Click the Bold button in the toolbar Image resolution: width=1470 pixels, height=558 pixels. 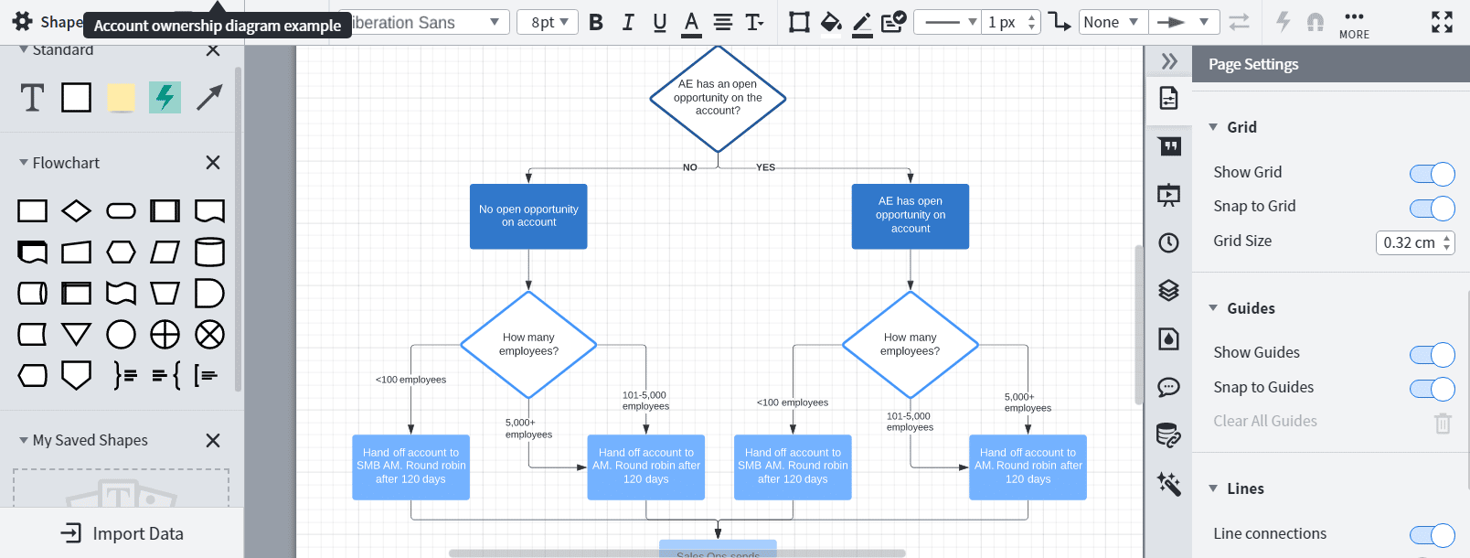click(x=596, y=22)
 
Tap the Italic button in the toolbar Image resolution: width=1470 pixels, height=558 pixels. click(x=628, y=22)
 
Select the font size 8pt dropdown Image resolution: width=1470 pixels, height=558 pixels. click(x=548, y=22)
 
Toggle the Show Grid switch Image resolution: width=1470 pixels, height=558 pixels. click(x=1432, y=174)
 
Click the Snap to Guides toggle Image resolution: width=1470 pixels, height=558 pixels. click(x=1432, y=389)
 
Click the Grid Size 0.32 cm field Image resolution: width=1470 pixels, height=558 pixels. click(x=1409, y=242)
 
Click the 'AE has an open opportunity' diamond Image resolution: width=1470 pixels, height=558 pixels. click(x=718, y=98)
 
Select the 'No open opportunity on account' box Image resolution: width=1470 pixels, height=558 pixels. click(x=528, y=216)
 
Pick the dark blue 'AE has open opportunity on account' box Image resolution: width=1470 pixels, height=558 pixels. click(x=910, y=216)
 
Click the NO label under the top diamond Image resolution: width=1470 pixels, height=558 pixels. click(x=690, y=167)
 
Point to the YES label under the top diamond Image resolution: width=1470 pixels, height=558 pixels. click(x=765, y=167)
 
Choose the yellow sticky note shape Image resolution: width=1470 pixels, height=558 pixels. click(x=121, y=97)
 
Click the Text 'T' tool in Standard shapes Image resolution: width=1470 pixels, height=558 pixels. click(x=32, y=97)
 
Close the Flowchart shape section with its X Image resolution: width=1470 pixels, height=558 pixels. click(x=213, y=162)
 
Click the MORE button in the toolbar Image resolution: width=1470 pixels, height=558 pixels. click(x=1354, y=24)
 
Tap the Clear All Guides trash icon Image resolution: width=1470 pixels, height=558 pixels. click(x=1443, y=423)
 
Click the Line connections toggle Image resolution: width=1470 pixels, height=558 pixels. click(x=1432, y=535)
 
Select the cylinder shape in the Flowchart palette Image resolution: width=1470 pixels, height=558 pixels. click(x=209, y=252)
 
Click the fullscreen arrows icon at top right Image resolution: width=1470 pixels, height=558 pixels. click(x=1442, y=22)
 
